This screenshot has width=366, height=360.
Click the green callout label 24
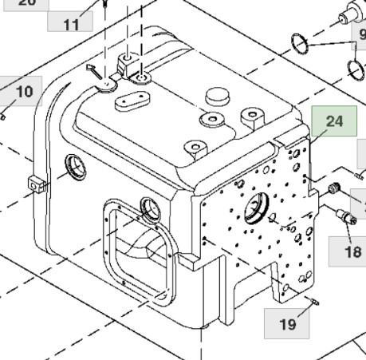pyautogui.click(x=333, y=122)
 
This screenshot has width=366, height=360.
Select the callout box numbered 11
pyautogui.click(x=71, y=23)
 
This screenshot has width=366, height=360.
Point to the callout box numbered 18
pyautogui.click(x=352, y=251)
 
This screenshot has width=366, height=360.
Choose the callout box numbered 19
pyautogui.click(x=287, y=324)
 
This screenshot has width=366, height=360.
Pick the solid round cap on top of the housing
pyautogui.click(x=217, y=96)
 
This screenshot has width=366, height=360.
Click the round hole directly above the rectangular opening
pyautogui.click(x=150, y=208)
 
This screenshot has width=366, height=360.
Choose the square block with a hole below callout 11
pyautogui.click(x=128, y=62)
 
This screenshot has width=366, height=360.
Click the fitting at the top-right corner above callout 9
pyautogui.click(x=348, y=14)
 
